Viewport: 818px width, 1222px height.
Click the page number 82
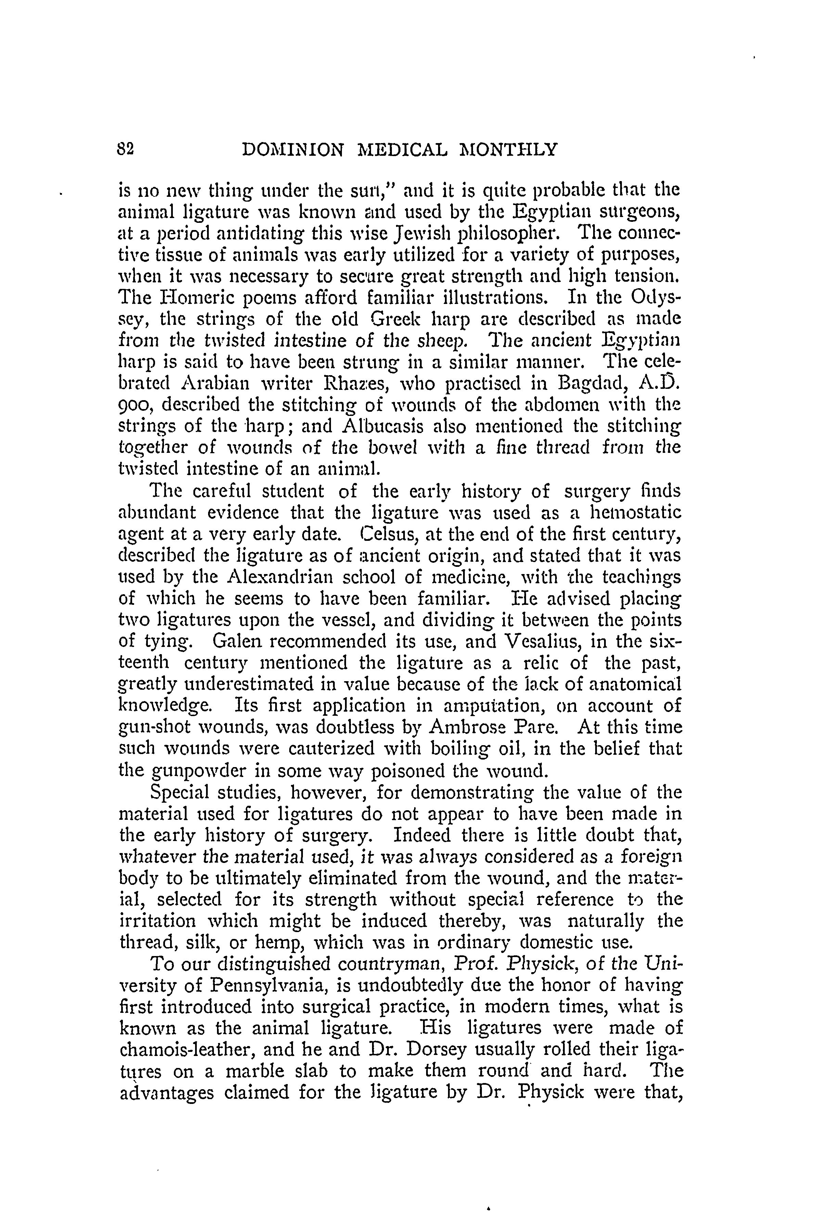tap(127, 150)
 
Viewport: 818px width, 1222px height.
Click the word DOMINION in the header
tap(293, 150)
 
